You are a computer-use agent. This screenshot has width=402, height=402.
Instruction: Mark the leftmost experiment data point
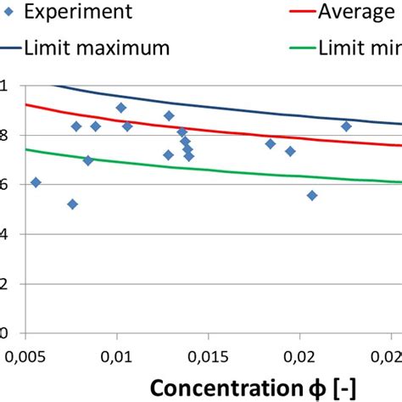36,182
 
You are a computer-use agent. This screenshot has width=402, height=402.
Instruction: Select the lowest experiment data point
73,204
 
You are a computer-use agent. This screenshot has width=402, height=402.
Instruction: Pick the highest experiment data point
121,108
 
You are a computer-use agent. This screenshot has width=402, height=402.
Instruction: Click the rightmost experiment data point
346,126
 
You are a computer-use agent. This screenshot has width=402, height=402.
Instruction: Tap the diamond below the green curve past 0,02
312,195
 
